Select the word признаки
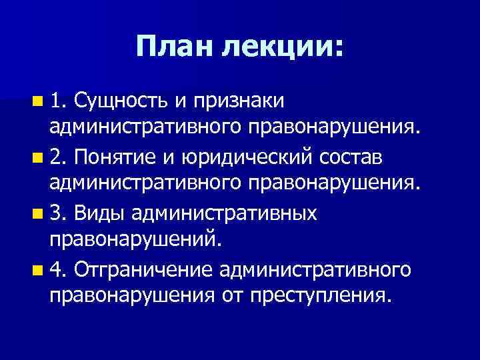(238, 101)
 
